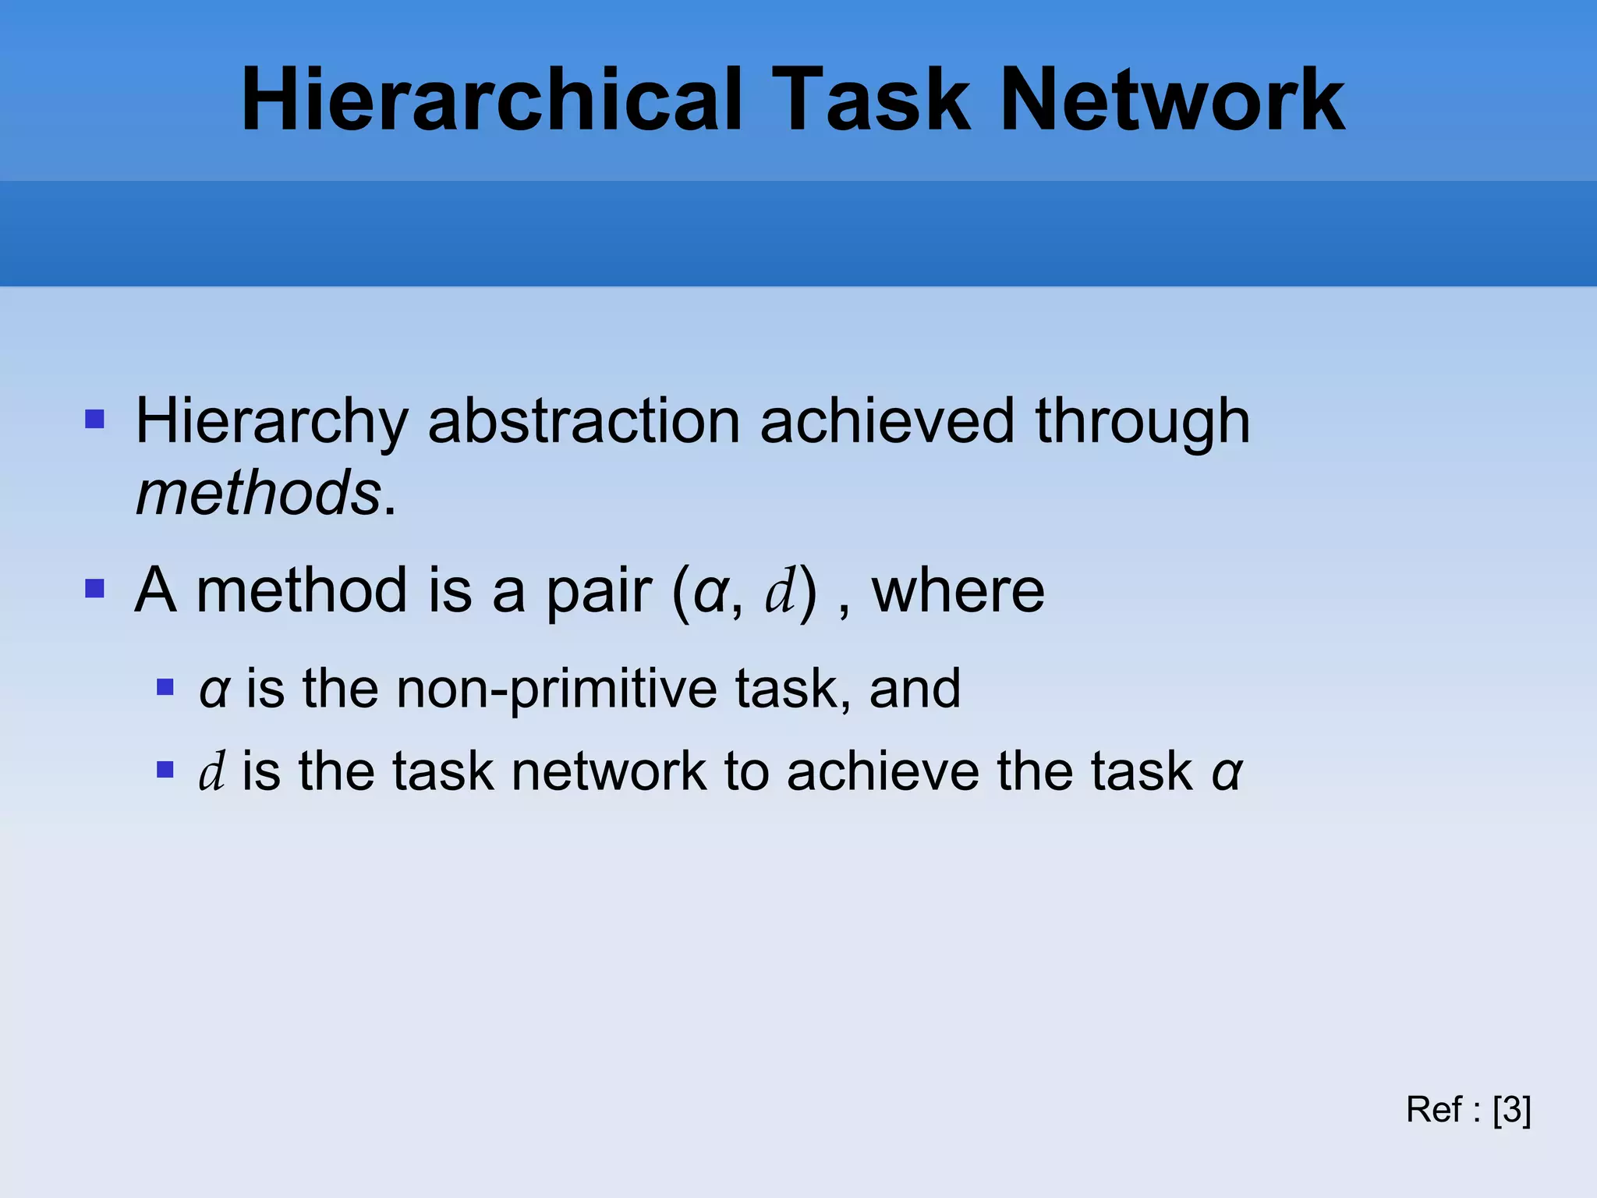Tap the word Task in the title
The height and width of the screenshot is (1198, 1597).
point(872,100)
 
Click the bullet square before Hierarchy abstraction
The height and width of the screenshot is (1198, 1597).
point(94,420)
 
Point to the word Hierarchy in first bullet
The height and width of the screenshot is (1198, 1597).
point(272,422)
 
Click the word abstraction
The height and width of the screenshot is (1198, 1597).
point(583,422)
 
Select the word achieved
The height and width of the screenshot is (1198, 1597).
point(887,422)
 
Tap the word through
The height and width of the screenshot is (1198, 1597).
point(1142,422)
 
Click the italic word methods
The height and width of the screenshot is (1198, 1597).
point(258,494)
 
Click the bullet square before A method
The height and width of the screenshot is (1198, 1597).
point(94,588)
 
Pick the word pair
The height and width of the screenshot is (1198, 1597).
point(598,591)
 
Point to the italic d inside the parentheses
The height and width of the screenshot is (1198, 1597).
point(780,591)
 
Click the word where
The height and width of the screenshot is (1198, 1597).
point(958,591)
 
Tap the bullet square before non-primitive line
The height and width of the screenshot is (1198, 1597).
point(165,687)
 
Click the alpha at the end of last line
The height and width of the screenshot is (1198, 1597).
point(1227,772)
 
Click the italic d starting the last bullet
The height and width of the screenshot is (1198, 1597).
point(212,772)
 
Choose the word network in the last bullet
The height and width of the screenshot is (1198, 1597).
point(608,772)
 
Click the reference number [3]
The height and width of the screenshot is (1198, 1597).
point(1511,1109)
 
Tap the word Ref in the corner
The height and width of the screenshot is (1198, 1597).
point(1433,1109)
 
